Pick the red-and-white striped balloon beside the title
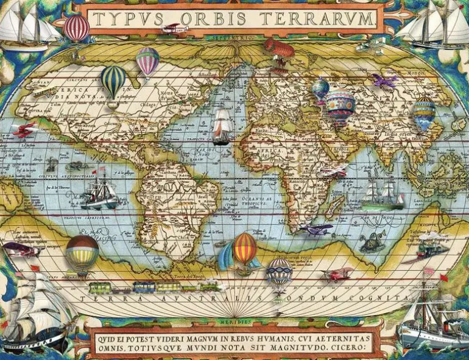pyautogui.click(x=77, y=27)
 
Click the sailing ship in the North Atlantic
pyautogui.click(x=222, y=127)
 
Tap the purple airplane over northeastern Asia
pyautogui.click(x=384, y=80)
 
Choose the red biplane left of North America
pyautogui.click(x=26, y=129)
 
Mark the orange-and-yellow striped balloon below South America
pyautogui.click(x=244, y=249)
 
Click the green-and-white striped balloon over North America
pyautogui.click(x=113, y=80)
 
